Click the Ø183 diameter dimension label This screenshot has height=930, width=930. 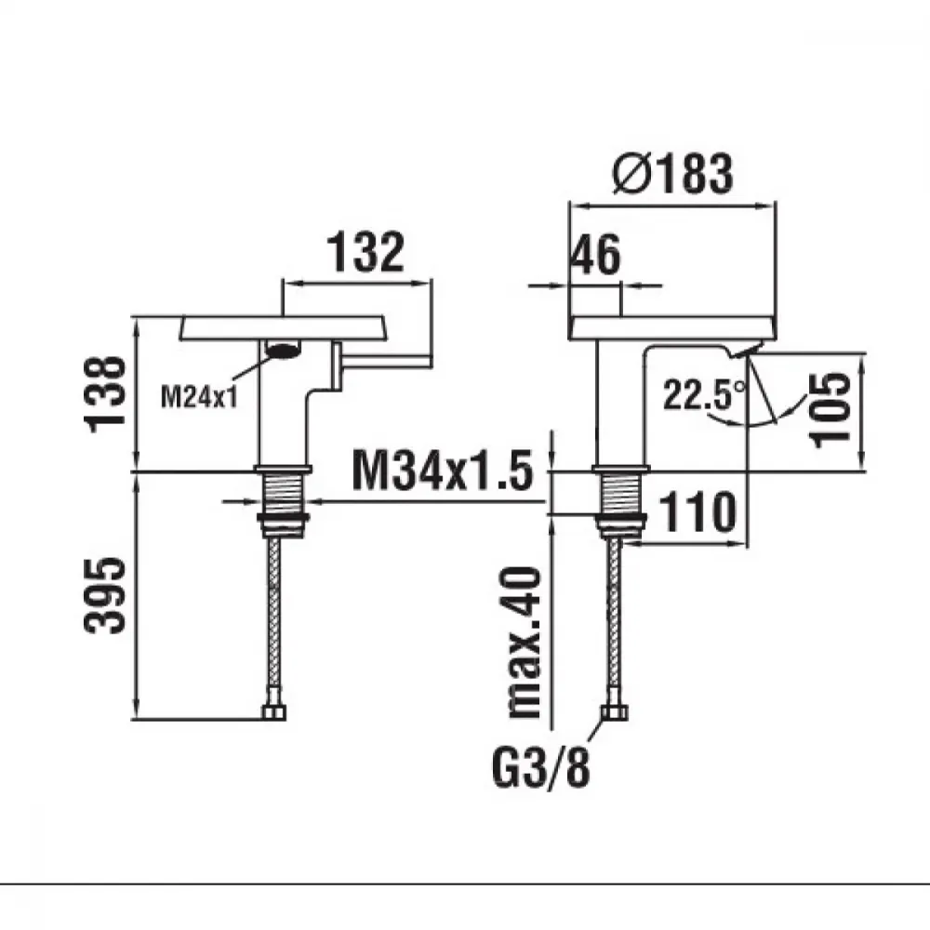(672, 174)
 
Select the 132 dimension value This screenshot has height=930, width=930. (365, 252)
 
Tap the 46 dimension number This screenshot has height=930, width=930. (595, 255)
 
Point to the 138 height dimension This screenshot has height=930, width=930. (106, 393)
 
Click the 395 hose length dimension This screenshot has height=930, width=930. (105, 595)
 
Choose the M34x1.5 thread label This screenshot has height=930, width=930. (443, 471)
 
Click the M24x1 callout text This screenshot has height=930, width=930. (199, 396)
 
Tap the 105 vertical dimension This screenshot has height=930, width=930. (830, 409)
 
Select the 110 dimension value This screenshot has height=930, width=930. (697, 511)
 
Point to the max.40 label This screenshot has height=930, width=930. (524, 643)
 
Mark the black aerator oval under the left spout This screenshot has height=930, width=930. (283, 352)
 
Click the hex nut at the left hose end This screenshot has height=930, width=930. (273, 711)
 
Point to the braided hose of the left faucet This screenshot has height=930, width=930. (273, 621)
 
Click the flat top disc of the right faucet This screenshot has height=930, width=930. (672, 328)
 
